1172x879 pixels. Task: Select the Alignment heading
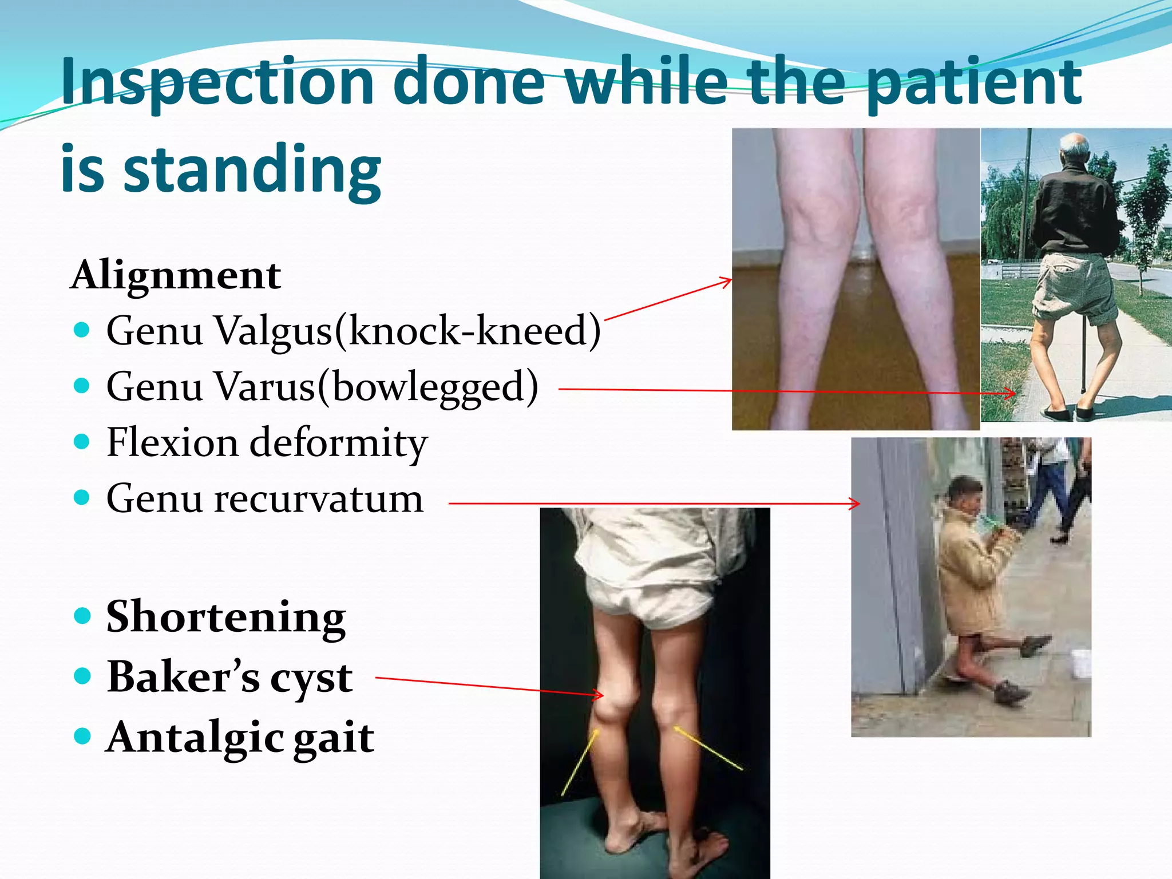[176, 276]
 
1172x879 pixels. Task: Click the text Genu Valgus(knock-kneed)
[353, 331]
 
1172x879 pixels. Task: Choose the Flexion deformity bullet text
[267, 443]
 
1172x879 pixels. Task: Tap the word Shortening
[226, 617]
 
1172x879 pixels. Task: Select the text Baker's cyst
[229, 678]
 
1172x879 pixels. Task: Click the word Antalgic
[195, 738]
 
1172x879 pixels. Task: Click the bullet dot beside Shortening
[83, 616]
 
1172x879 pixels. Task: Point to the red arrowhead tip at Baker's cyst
[603, 695]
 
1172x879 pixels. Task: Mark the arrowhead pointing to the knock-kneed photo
[730, 280]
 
